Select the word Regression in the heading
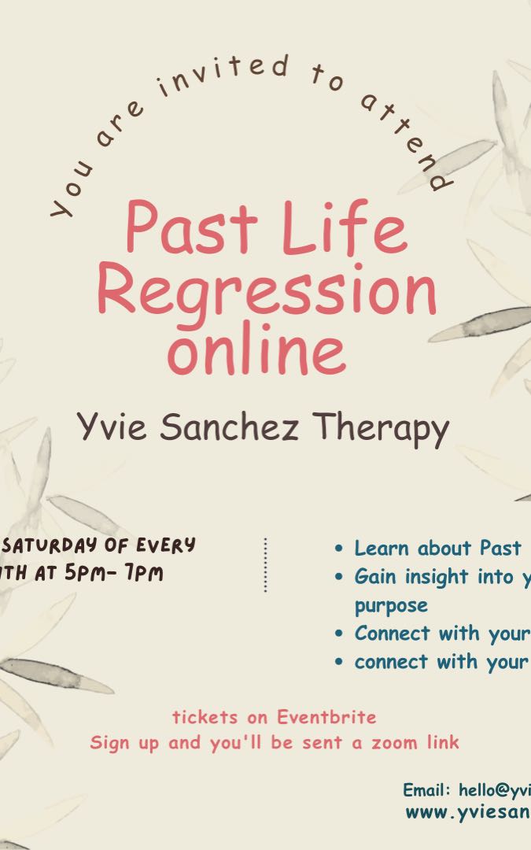266,291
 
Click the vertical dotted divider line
265,564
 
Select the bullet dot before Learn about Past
339,549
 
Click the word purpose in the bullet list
391,605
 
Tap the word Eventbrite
326,717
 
